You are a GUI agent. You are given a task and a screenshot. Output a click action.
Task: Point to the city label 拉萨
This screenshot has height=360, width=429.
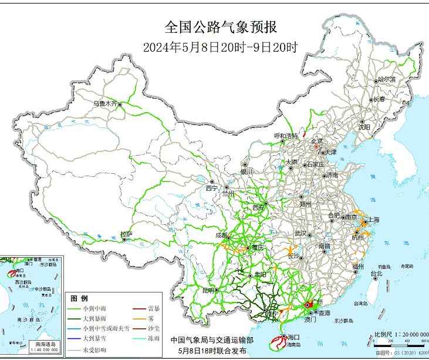(x=126, y=235)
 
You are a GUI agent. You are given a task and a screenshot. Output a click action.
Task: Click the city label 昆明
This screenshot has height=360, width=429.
(x=208, y=290)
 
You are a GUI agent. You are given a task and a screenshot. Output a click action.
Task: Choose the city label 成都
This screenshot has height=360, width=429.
(x=222, y=235)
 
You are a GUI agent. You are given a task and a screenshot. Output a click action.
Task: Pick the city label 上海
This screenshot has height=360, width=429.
(x=373, y=220)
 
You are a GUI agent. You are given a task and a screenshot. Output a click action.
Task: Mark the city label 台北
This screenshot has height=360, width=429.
(x=376, y=273)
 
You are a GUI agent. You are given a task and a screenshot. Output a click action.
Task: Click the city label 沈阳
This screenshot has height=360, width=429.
(x=364, y=127)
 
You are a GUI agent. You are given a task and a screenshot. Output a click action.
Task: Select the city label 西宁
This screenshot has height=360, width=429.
(x=211, y=188)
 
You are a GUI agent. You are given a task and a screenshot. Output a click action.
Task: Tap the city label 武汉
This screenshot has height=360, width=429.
(x=301, y=234)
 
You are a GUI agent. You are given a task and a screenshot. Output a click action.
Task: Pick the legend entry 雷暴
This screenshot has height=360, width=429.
(x=154, y=308)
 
